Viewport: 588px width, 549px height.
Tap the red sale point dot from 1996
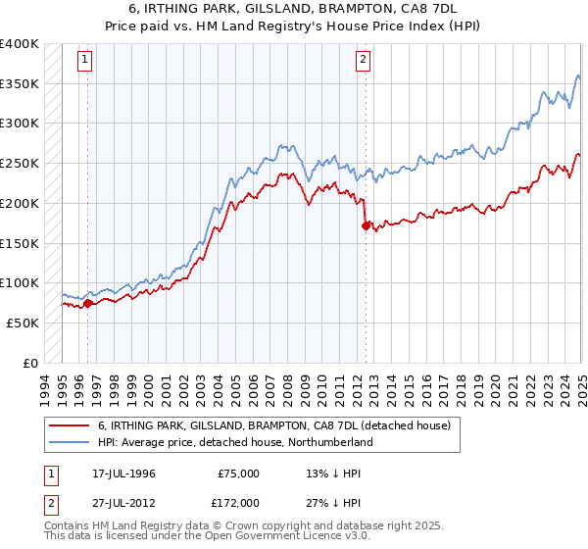coord(87,303)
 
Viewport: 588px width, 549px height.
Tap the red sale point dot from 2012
coord(366,225)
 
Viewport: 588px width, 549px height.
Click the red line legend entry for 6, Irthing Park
coord(273,426)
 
